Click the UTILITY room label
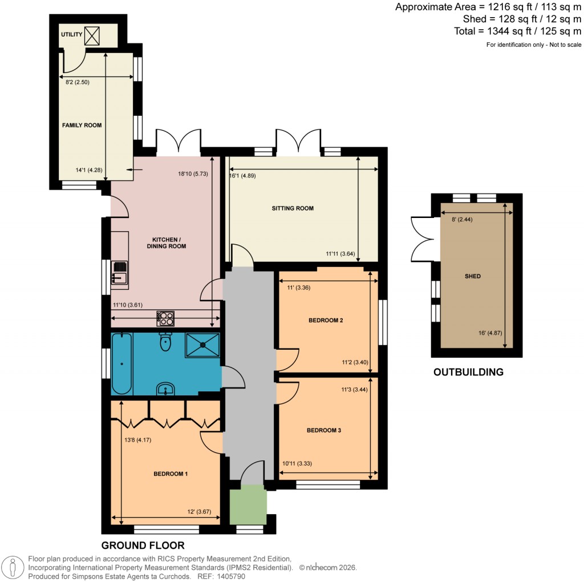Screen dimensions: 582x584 tap(71, 35)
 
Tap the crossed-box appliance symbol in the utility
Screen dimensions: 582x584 tap(92, 35)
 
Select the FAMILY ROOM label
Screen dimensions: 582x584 tap(82, 125)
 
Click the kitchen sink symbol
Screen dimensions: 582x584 tap(120, 272)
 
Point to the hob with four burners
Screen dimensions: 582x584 tap(166, 318)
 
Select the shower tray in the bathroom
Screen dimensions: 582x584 tap(202, 345)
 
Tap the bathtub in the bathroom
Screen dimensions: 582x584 tap(121, 363)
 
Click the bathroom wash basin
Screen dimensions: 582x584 tap(165, 389)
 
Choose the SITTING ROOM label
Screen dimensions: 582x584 tap(293, 208)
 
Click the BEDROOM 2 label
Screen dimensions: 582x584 tap(325, 321)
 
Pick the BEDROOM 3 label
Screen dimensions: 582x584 tap(323, 430)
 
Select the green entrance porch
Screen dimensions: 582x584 tap(248, 504)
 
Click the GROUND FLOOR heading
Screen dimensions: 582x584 tap(143, 545)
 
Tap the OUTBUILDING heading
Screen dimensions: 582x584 tap(468, 373)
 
